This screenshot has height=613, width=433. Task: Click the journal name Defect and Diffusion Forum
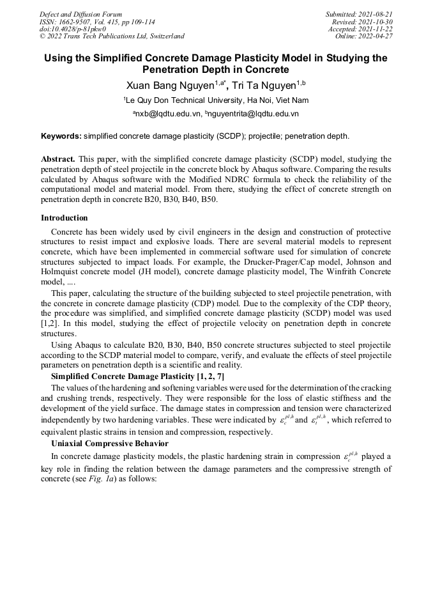[80, 14]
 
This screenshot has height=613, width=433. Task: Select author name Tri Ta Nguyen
[262, 85]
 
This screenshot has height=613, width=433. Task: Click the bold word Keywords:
[61, 136]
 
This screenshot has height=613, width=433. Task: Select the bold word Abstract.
[59, 158]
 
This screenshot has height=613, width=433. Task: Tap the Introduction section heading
[65, 218]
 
